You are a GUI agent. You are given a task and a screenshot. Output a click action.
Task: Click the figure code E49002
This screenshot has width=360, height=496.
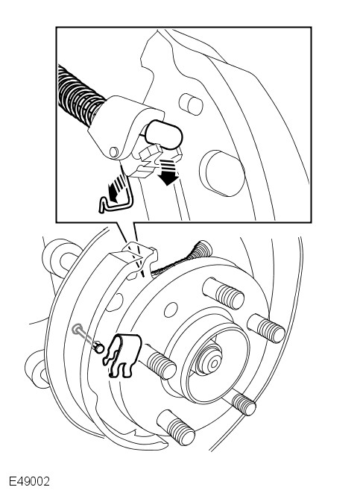point(29,481)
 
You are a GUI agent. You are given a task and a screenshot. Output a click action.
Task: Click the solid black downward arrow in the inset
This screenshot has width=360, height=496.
point(168,172)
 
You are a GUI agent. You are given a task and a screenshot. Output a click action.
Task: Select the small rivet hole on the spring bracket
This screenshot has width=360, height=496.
point(113,152)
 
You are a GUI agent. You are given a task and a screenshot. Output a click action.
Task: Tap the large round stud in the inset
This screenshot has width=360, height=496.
point(222,173)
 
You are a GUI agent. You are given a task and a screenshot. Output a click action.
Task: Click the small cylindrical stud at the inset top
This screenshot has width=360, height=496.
point(191,104)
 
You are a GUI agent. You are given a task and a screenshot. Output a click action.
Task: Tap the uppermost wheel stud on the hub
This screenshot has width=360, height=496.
point(223,293)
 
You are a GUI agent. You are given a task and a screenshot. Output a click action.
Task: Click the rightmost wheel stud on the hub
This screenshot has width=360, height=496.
point(266,328)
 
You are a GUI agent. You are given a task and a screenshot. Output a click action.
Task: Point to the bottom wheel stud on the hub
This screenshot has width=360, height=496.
point(176,427)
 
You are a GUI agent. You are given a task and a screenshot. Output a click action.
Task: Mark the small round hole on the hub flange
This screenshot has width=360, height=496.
point(171,310)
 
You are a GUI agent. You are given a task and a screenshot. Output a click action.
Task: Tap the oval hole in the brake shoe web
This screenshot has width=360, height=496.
point(116,302)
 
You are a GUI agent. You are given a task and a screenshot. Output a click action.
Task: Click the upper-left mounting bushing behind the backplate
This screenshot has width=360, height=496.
point(60,257)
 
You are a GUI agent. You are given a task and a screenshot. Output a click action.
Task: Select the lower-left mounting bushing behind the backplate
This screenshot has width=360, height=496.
point(37,369)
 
